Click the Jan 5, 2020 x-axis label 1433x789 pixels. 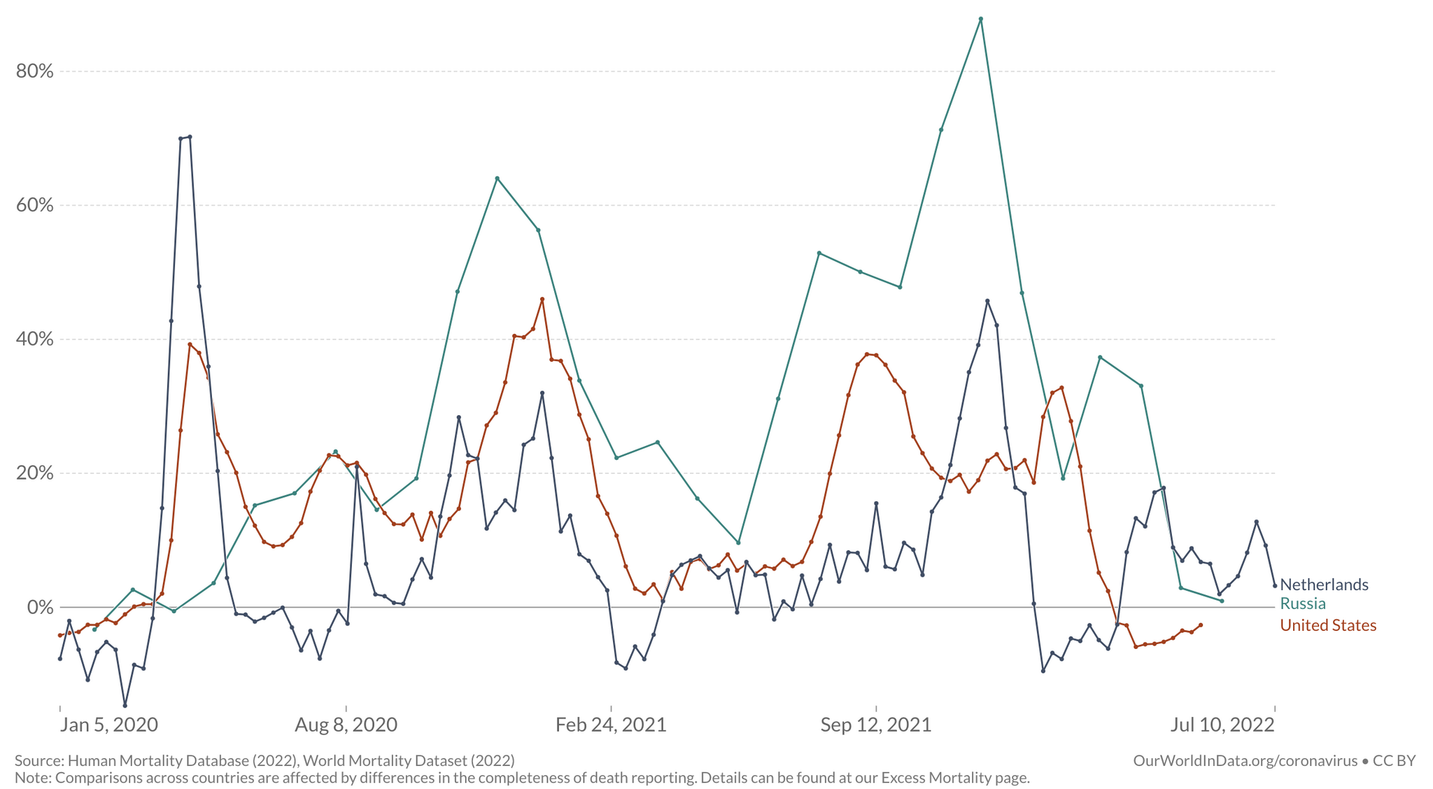click(108, 725)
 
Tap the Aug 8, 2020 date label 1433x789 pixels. click(346, 725)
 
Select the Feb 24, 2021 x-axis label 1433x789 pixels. click(611, 725)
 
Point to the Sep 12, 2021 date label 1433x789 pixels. click(876, 725)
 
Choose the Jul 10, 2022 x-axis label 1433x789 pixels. click(1222, 725)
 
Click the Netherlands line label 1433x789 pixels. click(1324, 585)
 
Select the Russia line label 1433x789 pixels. click(1303, 603)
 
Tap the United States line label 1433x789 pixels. click(1328, 625)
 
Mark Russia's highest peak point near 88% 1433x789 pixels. click(981, 19)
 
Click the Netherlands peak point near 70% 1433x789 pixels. click(190, 137)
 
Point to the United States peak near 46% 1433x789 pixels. click(542, 299)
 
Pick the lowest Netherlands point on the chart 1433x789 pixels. click(125, 705)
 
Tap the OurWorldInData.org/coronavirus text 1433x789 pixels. click(1245, 761)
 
